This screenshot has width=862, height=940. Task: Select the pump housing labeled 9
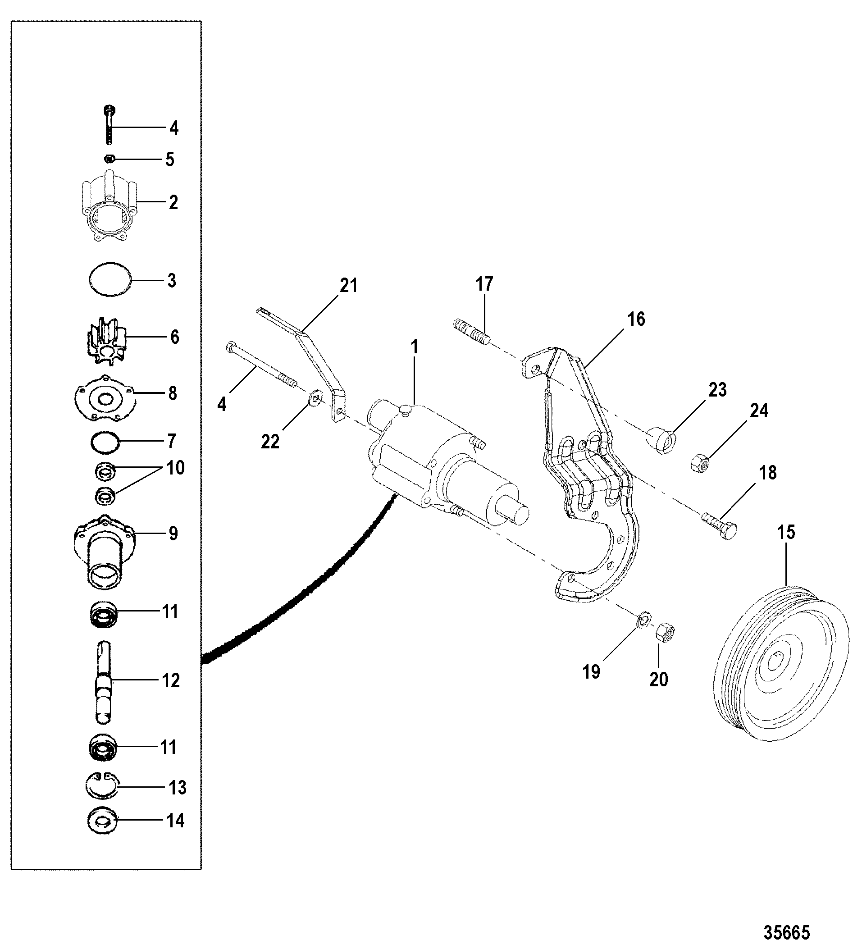[x=104, y=551]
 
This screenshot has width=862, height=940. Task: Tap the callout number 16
[x=636, y=319]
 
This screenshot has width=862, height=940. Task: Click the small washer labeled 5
[x=110, y=160]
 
